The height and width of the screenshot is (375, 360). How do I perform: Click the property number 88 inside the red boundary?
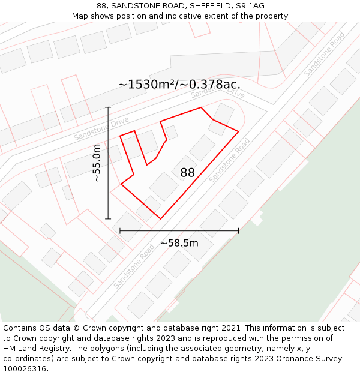187,173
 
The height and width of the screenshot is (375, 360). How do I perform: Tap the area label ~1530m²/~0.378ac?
179,85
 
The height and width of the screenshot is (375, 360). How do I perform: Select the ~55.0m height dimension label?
96,163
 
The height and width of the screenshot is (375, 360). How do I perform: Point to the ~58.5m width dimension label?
179,243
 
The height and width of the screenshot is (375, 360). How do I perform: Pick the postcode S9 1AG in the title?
251,6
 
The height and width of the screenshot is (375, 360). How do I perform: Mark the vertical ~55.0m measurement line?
108,180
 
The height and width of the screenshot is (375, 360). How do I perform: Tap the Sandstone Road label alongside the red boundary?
230,160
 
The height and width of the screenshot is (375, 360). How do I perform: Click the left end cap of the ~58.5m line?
120,230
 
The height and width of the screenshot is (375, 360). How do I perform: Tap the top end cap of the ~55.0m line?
108,107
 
